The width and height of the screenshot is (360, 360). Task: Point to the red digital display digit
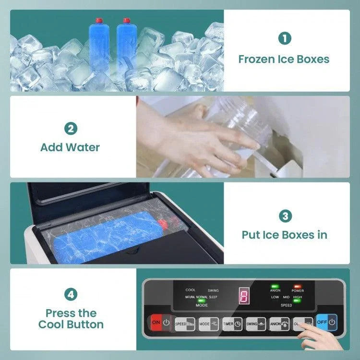tap(244, 297)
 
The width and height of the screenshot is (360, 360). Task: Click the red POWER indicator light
tap(297, 286)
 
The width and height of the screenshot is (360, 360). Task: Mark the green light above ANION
tap(275, 286)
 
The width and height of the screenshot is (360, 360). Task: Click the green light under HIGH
tap(297, 301)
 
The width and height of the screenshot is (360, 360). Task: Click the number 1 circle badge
tap(285, 38)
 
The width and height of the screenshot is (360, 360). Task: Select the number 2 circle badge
tap(71, 129)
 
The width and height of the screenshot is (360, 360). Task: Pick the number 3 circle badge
tap(285, 216)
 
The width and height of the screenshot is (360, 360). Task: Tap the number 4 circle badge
tap(71, 295)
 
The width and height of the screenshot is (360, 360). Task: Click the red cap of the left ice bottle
tap(99, 21)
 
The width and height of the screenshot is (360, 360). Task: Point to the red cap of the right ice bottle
tap(127, 21)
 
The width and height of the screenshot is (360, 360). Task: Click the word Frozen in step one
tap(257, 60)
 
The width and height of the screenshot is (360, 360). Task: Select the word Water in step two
tap(84, 147)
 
